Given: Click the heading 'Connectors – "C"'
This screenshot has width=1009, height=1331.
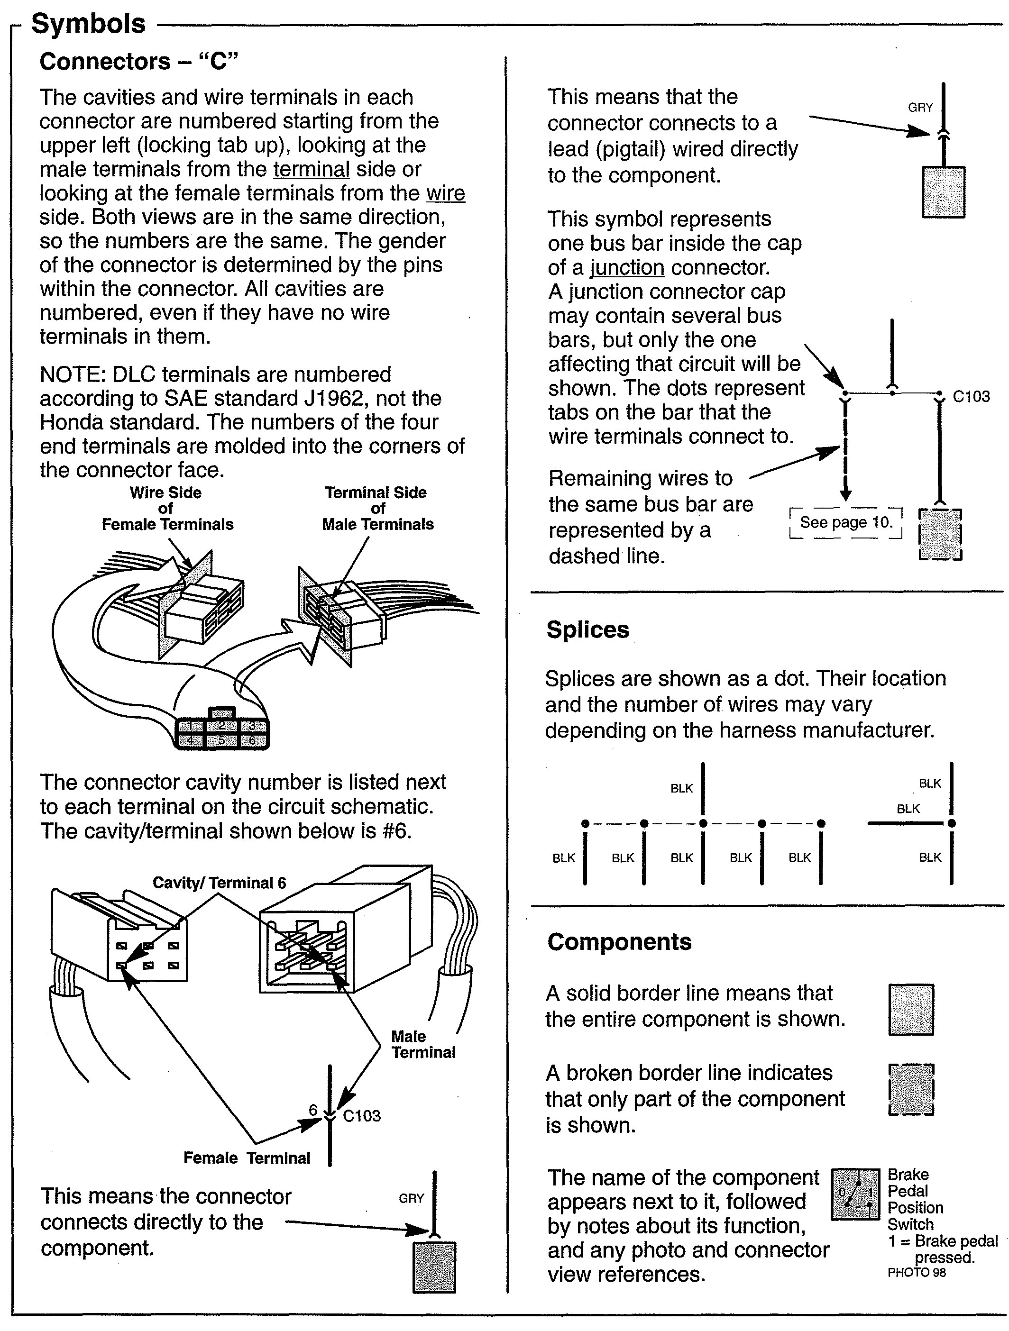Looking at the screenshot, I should point(138,61).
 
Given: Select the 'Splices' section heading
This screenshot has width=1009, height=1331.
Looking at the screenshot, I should point(587,629).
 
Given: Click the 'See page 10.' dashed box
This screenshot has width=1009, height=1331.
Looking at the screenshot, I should point(845,522).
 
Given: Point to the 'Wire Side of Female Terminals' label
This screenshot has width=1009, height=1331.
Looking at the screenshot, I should point(167,509).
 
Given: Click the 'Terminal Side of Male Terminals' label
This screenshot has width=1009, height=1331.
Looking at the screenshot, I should point(377,509).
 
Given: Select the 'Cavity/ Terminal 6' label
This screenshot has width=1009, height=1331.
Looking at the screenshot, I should point(219,883).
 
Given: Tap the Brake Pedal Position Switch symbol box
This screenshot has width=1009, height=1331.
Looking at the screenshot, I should point(855,1195).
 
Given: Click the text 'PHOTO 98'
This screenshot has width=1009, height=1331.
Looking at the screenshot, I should point(916,1273).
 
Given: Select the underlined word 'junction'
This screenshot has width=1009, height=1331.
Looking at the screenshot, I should point(627,267).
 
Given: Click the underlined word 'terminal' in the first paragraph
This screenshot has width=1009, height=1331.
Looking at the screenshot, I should point(311,169).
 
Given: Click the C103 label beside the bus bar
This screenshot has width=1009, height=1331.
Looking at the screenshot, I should point(971,396).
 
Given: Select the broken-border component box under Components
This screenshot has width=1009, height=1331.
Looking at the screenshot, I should point(911,1090).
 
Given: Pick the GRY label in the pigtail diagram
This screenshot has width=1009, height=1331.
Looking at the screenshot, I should point(920,108).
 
